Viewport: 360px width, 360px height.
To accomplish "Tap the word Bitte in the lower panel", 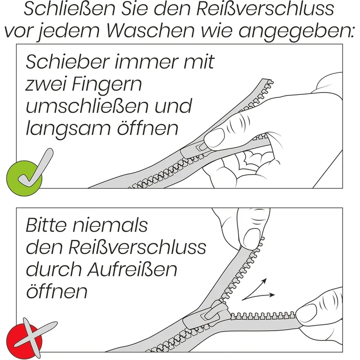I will pos(49,225).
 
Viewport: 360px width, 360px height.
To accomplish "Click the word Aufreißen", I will pos(129,270).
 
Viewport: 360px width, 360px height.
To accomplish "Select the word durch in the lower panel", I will pos(49,270).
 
